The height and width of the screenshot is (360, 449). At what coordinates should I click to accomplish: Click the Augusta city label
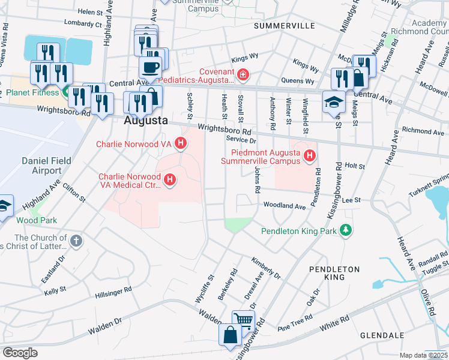coord(145,120)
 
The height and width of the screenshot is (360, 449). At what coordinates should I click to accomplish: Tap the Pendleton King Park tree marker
coord(345,230)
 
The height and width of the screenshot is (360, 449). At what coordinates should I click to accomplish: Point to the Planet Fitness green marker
coord(65,92)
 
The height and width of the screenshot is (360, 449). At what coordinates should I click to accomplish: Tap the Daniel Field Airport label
coord(46,166)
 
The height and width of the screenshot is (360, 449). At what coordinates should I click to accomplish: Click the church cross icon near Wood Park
coord(76,241)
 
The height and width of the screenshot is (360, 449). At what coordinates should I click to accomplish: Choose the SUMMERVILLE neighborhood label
coord(284,26)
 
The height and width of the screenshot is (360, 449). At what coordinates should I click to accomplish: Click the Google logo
coord(20,353)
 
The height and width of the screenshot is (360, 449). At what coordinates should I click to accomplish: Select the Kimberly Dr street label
coord(266,268)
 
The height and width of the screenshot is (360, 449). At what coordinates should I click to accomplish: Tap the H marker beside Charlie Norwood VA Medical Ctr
coord(170,179)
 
